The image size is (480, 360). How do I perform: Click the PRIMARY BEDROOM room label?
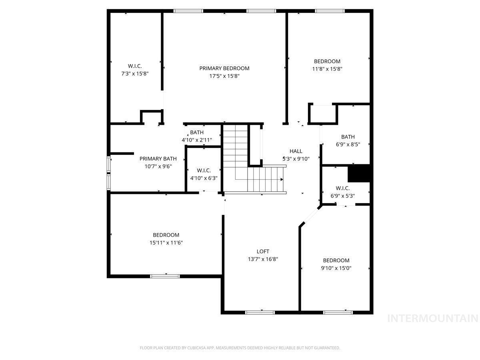pos(224,68)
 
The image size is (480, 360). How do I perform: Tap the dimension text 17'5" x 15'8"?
pos(224,76)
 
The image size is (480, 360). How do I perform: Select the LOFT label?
pos(263,251)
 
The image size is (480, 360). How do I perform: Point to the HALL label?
pos(296,151)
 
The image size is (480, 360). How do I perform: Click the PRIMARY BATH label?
pos(158,159)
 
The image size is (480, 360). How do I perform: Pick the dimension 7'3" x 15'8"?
pos(135,74)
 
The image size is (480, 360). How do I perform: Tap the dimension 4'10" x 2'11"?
pos(197,140)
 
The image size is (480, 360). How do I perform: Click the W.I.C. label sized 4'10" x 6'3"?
pos(204,170)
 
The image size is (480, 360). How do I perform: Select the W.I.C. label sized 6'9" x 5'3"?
pos(342,188)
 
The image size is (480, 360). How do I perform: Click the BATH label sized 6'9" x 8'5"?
pos(348,137)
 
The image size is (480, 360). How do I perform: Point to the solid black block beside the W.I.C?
pos(359,173)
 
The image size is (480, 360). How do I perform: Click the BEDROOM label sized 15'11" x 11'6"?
pos(166,235)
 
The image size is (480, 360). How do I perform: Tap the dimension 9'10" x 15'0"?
pos(336,268)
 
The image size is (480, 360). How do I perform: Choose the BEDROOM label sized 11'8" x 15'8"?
pos(327,61)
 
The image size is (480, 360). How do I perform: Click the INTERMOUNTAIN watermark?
pos(433,318)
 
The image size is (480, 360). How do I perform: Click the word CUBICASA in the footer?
pos(196,348)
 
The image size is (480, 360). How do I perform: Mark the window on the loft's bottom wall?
pos(260,312)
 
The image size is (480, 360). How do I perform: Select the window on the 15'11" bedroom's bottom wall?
pos(165,276)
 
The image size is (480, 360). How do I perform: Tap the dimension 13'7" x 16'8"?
pos(263,259)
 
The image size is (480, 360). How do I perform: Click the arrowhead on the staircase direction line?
pos(282,180)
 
